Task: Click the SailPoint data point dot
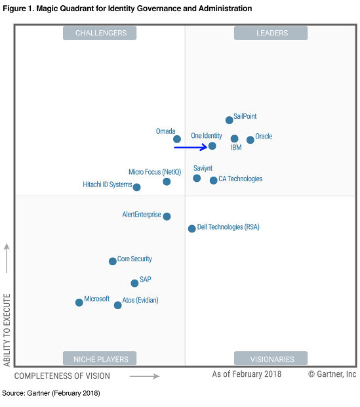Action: (229, 120)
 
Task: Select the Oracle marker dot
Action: (250, 140)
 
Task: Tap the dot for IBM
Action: (234, 139)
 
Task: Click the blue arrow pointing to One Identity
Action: (190, 147)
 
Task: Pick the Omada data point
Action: (176, 139)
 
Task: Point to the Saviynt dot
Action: (197, 178)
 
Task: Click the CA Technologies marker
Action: (213, 181)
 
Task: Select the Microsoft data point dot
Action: (79, 303)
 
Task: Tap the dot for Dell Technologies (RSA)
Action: (191, 228)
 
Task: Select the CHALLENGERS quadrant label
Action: (100, 33)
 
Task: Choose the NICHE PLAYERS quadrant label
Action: (100, 358)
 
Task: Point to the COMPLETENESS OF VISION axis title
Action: (62, 376)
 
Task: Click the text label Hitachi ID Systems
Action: (108, 184)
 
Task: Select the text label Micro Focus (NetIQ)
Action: (155, 172)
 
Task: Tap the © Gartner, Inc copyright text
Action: (332, 374)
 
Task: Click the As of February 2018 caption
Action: (247, 374)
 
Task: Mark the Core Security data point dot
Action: (112, 261)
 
